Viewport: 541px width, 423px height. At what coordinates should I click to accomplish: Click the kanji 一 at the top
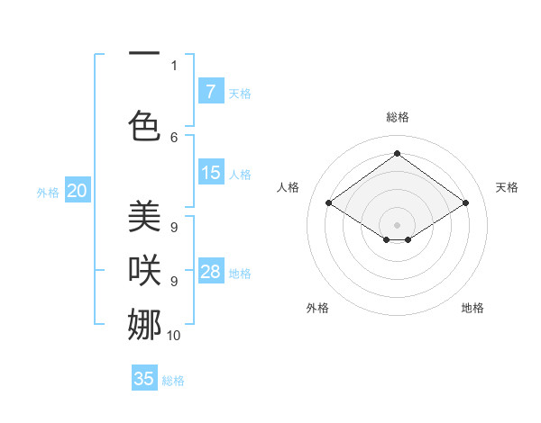143,53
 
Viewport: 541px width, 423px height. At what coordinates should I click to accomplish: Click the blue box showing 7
210,91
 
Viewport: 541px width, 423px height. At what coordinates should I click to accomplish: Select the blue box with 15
210,173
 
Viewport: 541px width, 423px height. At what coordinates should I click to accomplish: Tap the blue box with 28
210,272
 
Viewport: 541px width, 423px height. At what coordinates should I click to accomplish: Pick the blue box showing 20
78,191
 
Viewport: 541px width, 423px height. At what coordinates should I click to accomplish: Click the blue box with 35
144,379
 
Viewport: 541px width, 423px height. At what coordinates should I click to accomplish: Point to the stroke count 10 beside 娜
173,335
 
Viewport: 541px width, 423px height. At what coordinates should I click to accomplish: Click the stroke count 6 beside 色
174,137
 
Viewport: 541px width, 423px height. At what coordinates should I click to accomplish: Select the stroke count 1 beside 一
174,65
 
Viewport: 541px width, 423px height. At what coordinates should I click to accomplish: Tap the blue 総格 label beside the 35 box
173,381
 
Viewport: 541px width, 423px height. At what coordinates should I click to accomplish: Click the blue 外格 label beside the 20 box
48,192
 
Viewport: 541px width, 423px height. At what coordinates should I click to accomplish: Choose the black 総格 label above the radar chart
397,117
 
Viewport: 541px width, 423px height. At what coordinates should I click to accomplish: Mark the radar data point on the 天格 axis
465,203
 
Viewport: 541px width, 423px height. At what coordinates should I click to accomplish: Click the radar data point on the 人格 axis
328,203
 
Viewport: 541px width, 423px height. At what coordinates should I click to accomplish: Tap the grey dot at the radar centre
397,223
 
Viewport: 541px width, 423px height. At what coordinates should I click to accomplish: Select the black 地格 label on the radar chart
472,308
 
